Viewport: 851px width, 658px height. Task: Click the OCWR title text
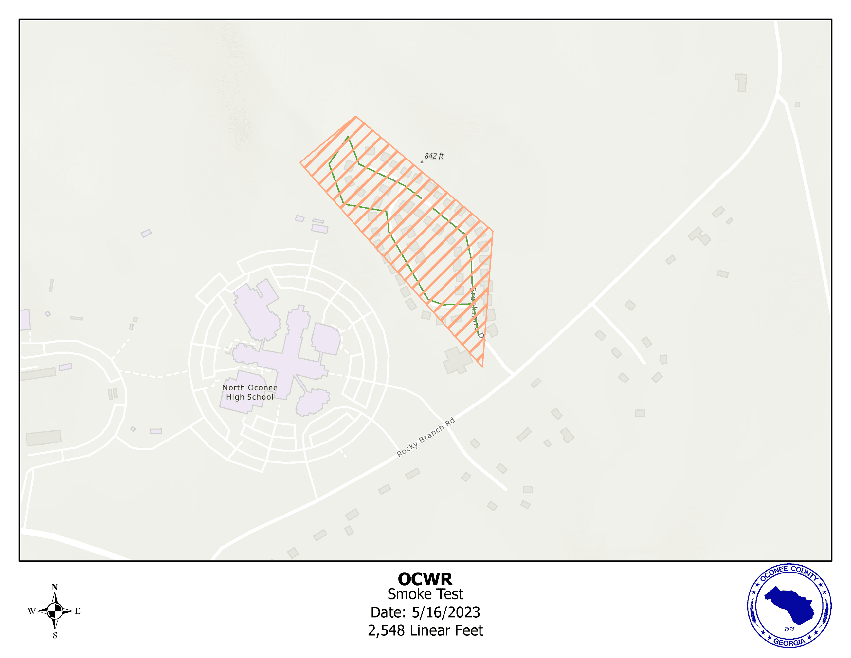pyautogui.click(x=425, y=579)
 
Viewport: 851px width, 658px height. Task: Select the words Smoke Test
pyautogui.click(x=425, y=594)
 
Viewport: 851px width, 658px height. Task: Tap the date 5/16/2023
pyautogui.click(x=445, y=612)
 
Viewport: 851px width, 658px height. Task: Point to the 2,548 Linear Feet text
pyautogui.click(x=425, y=630)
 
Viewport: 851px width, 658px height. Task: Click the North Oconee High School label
pyautogui.click(x=250, y=392)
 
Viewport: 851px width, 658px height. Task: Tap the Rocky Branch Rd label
pyautogui.click(x=425, y=437)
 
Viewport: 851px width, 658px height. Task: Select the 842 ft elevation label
pyautogui.click(x=434, y=156)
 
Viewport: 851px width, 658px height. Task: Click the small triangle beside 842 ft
pyautogui.click(x=422, y=162)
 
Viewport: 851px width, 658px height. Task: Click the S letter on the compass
pyautogui.click(x=55, y=636)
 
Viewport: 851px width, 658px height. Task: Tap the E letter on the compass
pyautogui.click(x=78, y=611)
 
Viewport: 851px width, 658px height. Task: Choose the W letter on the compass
pyautogui.click(x=31, y=611)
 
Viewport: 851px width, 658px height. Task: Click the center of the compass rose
pyautogui.click(x=55, y=611)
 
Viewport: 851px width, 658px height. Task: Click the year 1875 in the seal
pyautogui.click(x=789, y=629)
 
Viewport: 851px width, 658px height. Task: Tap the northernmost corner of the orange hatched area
pyautogui.click(x=356, y=116)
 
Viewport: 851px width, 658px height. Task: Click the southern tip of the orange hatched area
pyautogui.click(x=482, y=367)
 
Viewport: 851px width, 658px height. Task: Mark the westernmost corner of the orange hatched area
pyautogui.click(x=300, y=162)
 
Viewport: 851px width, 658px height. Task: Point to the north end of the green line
pyautogui.click(x=348, y=137)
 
